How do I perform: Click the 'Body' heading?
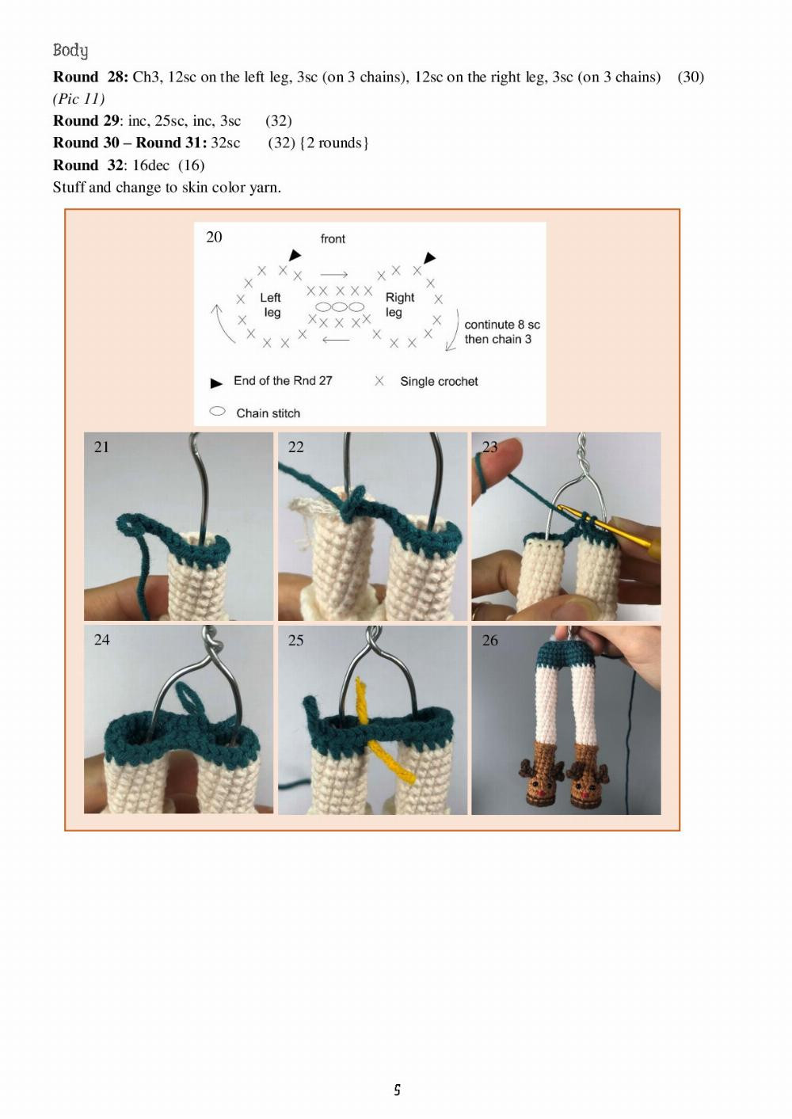tap(70, 51)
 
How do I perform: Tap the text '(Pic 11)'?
tap(79, 99)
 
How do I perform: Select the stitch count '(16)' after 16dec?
tap(192, 166)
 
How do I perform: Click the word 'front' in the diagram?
tap(333, 239)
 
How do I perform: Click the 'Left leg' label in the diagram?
tap(271, 305)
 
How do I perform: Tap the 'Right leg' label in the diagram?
tap(399, 305)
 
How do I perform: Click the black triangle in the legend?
tap(216, 383)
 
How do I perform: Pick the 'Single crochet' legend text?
tap(439, 382)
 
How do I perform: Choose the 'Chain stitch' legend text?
tap(268, 413)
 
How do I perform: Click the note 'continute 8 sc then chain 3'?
tap(501, 332)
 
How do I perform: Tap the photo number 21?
tap(101, 447)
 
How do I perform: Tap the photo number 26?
tap(489, 641)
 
